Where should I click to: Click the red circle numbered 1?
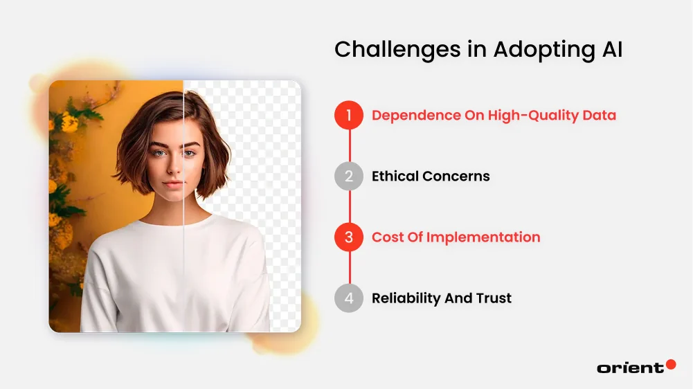point(349,116)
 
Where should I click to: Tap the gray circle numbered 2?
point(349,177)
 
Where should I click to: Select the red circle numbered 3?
point(349,237)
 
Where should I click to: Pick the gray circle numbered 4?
point(349,298)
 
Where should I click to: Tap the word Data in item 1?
point(598,116)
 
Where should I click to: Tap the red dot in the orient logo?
point(670,364)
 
